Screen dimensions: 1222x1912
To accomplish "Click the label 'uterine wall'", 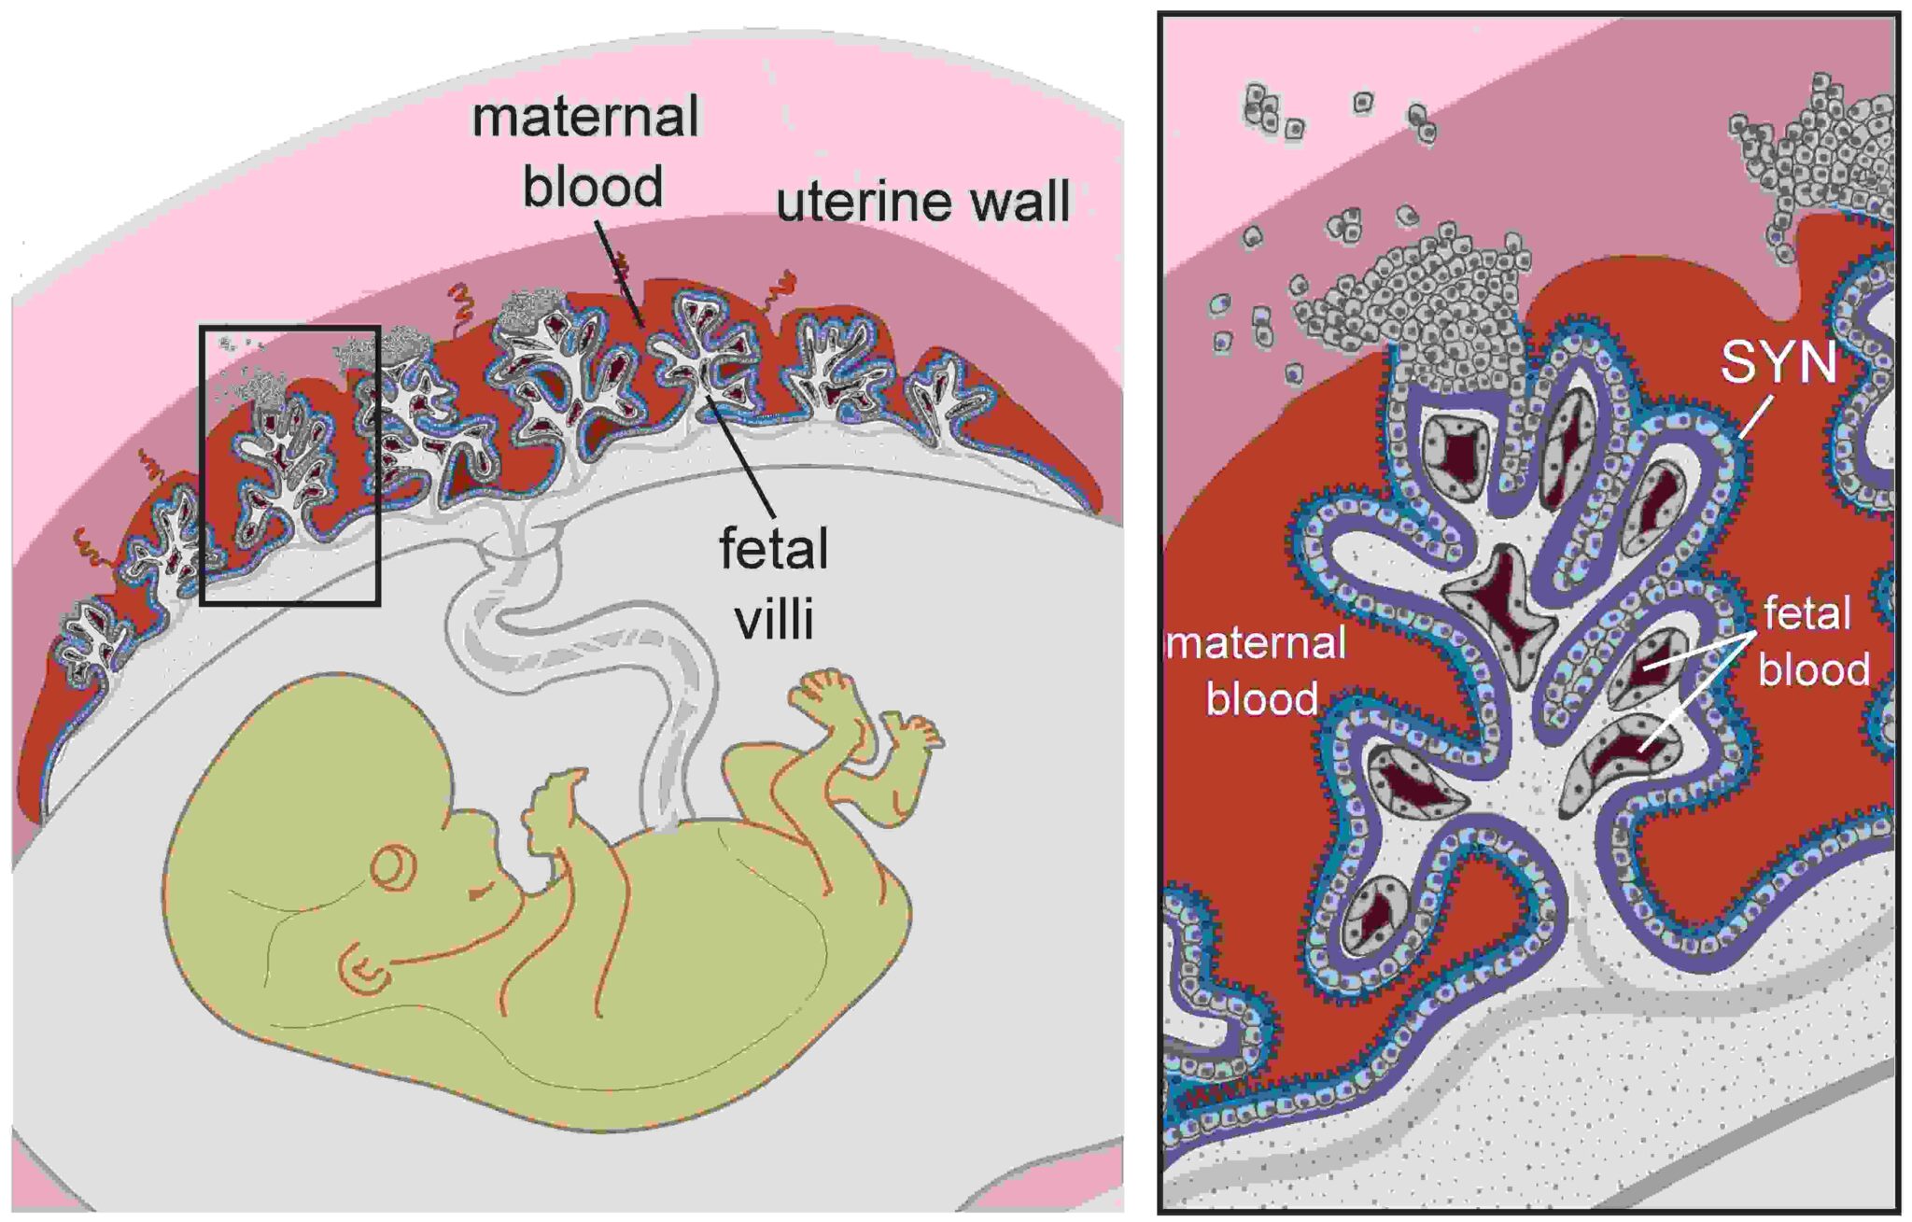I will (x=922, y=202).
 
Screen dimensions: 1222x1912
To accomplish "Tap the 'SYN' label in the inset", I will (x=1778, y=362).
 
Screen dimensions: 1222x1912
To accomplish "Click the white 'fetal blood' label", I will (x=1812, y=642).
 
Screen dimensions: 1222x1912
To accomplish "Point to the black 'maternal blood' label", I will (x=586, y=151).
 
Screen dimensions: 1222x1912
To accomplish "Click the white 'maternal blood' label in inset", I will (x=1258, y=670).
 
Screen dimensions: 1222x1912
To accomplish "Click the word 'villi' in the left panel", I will (x=774, y=618).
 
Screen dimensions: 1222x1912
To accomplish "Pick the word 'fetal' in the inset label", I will (x=1807, y=614).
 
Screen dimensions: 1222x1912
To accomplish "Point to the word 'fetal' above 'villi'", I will (x=774, y=549).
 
